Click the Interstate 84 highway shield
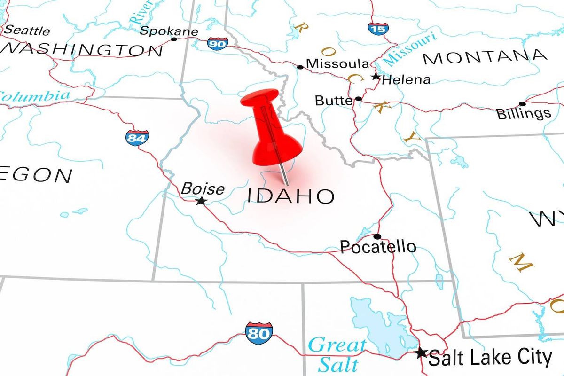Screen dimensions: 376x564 [137, 138]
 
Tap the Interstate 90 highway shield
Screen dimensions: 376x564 [218, 44]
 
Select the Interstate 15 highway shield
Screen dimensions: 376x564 [378, 28]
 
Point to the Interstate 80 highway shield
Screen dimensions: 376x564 [258, 333]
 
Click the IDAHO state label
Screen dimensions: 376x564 [291, 196]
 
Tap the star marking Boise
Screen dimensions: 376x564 [201, 201]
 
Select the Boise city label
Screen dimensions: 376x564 [203, 188]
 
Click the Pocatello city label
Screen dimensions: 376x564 [378, 246]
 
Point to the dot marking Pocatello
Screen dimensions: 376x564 [377, 236]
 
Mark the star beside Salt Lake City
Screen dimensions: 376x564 [421, 352]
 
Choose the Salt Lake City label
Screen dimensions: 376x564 [490, 358]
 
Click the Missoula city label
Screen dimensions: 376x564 [337, 63]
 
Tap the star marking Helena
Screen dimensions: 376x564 [375, 77]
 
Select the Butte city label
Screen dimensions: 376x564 [333, 100]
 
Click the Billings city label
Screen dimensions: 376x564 [524, 113]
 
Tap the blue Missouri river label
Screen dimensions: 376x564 [410, 51]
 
